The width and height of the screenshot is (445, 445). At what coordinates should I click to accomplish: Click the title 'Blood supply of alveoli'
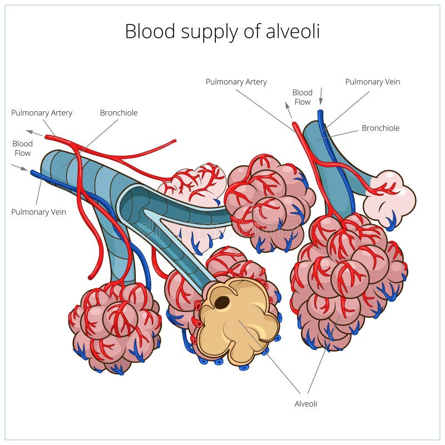coord(222,31)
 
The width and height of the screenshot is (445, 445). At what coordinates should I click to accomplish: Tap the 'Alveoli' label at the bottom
coord(305,404)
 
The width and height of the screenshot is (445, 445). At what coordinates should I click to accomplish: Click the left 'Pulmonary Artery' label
coord(42,113)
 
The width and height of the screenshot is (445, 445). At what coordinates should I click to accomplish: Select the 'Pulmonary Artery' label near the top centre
coord(236,82)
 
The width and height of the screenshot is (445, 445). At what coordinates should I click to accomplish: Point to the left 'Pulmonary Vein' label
coord(38,212)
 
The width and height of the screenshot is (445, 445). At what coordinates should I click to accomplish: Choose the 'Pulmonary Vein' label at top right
coord(372,82)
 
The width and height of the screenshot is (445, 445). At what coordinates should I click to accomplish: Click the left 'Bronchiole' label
coord(118,113)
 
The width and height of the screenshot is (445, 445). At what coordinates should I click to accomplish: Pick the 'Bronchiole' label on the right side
coord(380,128)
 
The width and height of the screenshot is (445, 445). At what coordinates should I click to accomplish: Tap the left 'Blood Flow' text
coord(22,149)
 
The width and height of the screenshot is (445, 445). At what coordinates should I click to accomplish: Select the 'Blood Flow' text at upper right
coord(302,97)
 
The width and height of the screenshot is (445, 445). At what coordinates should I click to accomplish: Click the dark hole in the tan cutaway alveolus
coord(222,303)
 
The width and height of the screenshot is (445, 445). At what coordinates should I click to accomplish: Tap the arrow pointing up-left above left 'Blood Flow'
coord(34,132)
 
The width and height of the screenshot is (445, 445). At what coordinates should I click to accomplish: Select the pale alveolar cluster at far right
coord(390,198)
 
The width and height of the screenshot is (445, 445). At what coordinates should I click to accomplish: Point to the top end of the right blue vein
coord(320,113)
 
